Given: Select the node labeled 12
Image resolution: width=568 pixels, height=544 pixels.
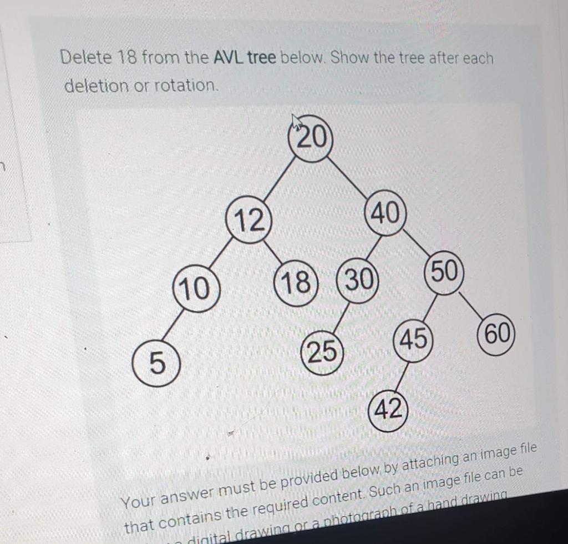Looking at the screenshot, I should coord(248,221).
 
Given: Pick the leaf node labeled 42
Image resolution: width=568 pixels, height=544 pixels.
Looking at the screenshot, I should coord(388,411).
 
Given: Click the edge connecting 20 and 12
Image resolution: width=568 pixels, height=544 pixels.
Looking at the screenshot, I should coord(280,181).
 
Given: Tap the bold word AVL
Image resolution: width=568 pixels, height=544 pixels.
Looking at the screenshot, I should coord(229,57).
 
